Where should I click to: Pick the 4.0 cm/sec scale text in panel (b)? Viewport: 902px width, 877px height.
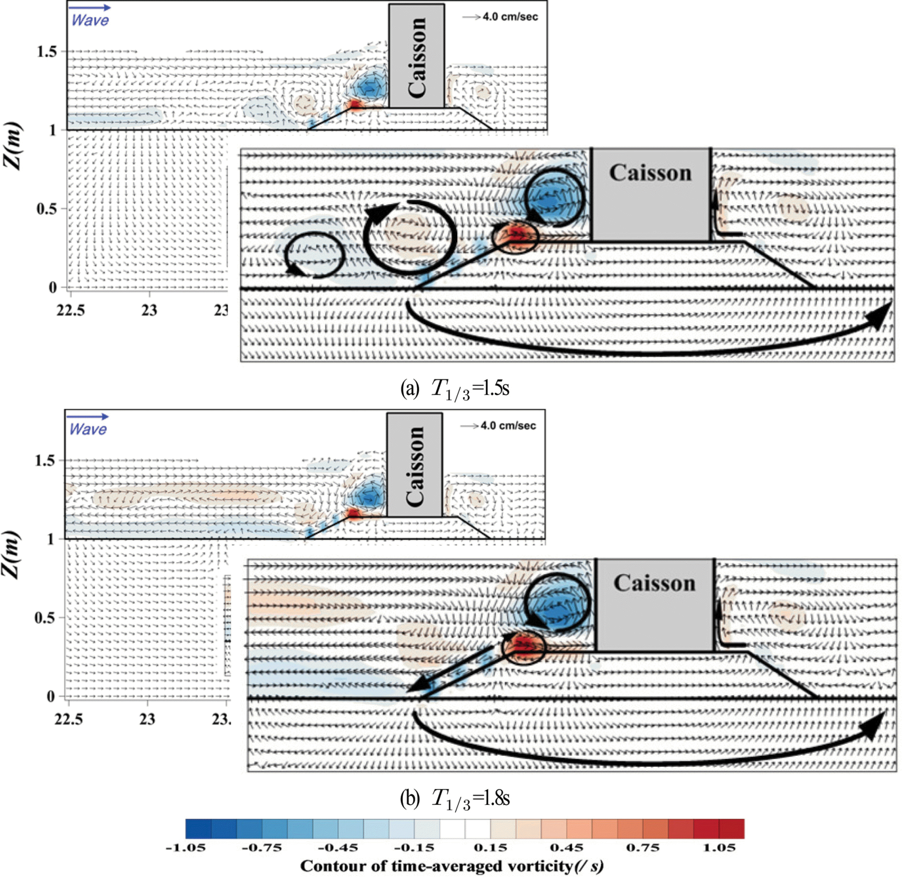tap(508, 426)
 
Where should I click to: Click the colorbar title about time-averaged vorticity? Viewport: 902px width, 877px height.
tap(452, 866)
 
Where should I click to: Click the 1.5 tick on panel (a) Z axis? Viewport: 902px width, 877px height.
tap(47, 51)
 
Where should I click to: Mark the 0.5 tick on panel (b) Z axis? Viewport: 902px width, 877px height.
tap(45, 618)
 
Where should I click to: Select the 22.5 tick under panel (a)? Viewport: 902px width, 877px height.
tap(71, 311)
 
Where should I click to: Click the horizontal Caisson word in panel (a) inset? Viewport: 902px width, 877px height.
tap(650, 173)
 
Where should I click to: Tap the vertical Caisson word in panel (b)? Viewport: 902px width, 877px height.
tap(415, 465)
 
